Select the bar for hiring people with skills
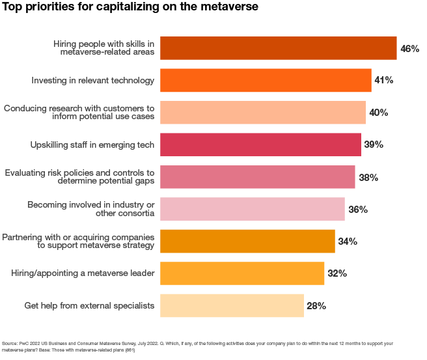(278, 48)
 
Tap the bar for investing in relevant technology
(266, 80)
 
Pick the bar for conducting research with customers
(262, 113)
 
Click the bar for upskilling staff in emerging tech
(260, 145)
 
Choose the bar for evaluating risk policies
(257, 177)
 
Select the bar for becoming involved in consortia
(252, 209)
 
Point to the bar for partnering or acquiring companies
(247, 242)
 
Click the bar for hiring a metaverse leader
(242, 273)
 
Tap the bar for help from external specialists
(232, 305)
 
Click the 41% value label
(383, 80)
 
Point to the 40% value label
(378, 113)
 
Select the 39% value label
(373, 145)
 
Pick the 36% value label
(357, 209)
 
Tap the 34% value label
(348, 242)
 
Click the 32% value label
(337, 273)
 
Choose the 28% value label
(316, 305)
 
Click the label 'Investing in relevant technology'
(93, 81)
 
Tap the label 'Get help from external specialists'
(89, 305)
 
